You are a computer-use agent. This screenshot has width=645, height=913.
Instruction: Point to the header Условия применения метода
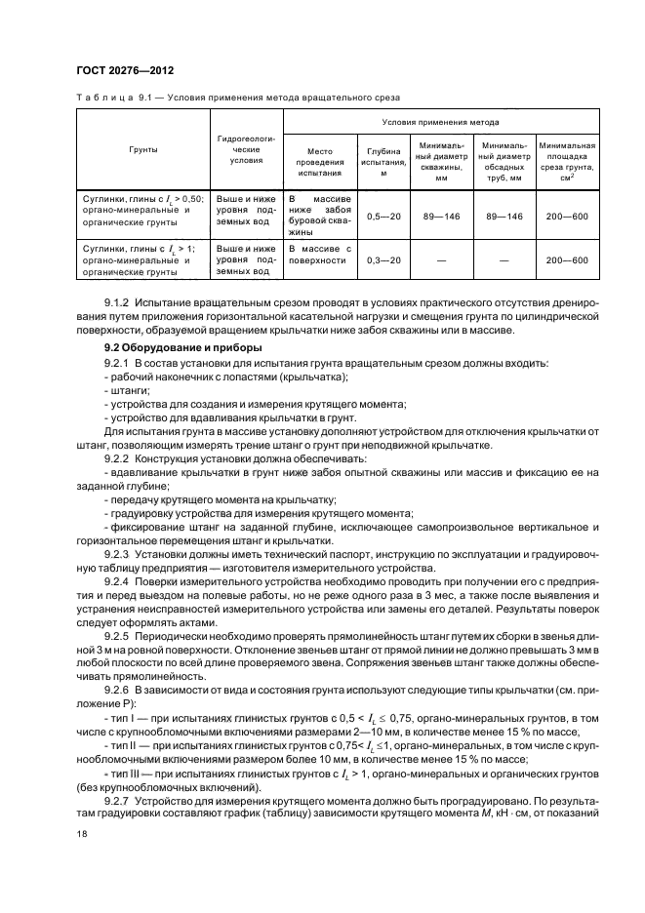coord(441,124)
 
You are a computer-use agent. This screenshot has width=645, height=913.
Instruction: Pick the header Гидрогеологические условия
coord(245,149)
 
